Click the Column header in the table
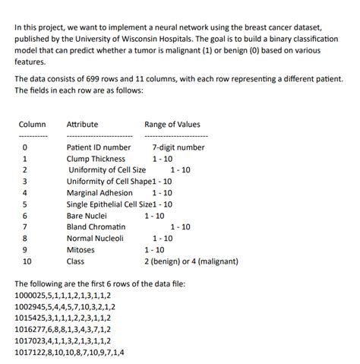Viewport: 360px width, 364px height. tap(32, 125)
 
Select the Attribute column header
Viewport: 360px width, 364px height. tap(82, 125)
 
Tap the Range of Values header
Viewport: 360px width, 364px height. tap(172, 125)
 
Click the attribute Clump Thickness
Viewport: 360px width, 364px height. tap(96, 159)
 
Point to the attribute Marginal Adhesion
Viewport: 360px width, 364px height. tap(99, 193)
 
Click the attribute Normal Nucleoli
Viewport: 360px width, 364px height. tap(95, 239)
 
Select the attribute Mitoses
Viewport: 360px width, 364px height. tap(81, 250)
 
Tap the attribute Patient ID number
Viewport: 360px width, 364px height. tap(99, 147)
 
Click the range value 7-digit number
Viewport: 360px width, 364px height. tap(178, 147)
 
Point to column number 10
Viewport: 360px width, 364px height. tap(27, 261)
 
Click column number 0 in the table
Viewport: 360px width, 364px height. tap(25, 147)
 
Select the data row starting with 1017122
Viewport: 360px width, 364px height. tap(70, 353)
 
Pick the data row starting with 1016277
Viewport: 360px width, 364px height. tap(63, 330)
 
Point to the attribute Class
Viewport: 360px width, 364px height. tap(75, 261)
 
